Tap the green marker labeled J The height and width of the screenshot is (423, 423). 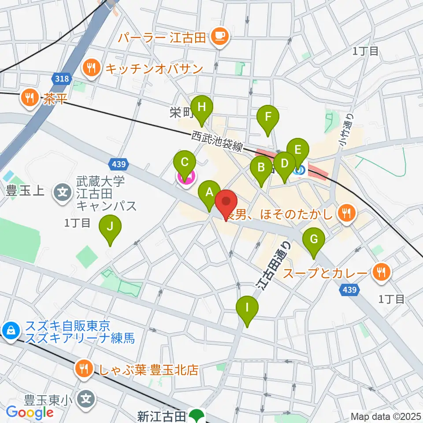click(x=110, y=227)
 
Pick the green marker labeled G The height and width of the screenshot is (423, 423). click(x=314, y=240)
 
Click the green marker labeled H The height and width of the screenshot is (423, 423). click(x=202, y=108)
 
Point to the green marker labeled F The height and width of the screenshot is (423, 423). click(x=268, y=117)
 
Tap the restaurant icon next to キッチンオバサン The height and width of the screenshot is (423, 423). click(x=91, y=68)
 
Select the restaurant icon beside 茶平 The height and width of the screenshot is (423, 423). click(x=30, y=98)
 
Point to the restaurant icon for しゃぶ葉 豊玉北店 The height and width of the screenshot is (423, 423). click(x=83, y=367)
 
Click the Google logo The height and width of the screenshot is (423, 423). click(x=30, y=412)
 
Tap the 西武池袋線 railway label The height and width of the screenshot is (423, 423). click(x=217, y=141)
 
